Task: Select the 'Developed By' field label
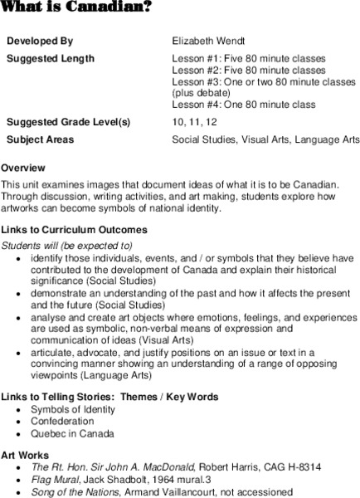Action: pos(40,40)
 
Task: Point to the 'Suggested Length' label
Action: pos(51,59)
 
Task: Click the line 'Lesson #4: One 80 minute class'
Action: pos(244,105)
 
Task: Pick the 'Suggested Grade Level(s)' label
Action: pos(68,123)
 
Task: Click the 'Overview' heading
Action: pos(23,168)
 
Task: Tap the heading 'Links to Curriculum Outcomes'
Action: pos(75,230)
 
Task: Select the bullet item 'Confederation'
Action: pos(63,421)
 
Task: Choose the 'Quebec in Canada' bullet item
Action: pos(73,433)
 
